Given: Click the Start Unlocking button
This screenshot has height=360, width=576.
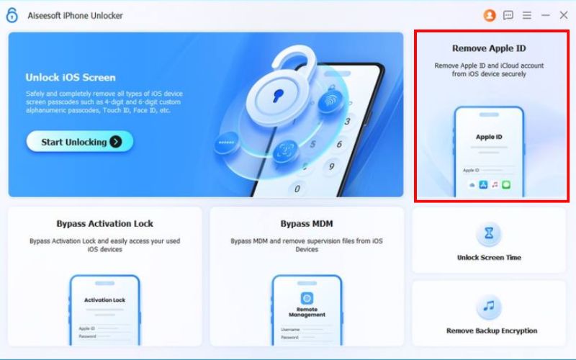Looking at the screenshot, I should click(79, 142).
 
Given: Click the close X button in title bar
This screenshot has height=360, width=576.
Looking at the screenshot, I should click(563, 14).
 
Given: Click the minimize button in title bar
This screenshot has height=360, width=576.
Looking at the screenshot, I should click(545, 14).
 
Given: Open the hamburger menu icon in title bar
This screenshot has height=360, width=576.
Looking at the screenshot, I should click(527, 14).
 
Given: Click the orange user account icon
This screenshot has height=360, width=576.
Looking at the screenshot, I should click(490, 14).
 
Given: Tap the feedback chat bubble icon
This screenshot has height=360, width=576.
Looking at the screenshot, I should click(508, 14).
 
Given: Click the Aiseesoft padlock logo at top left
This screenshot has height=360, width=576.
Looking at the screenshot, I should click(12, 15).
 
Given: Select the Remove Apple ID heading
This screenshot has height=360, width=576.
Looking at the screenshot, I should click(489, 48).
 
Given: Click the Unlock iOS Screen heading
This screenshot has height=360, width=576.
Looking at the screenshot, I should click(70, 77).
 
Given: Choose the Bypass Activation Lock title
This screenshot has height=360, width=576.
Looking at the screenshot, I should click(104, 223).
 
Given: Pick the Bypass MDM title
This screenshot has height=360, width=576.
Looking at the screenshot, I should click(307, 223).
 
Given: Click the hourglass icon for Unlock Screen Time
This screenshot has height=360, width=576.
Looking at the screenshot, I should click(489, 233).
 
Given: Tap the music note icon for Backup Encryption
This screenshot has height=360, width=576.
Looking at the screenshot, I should click(489, 307).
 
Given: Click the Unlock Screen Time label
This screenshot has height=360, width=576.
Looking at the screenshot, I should click(489, 257).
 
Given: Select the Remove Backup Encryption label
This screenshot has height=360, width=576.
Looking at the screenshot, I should click(491, 330).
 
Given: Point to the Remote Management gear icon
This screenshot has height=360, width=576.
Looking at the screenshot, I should click(307, 298).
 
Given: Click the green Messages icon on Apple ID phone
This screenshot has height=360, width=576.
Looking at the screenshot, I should click(506, 185).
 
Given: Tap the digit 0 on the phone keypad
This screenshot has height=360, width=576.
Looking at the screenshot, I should click(296, 189).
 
